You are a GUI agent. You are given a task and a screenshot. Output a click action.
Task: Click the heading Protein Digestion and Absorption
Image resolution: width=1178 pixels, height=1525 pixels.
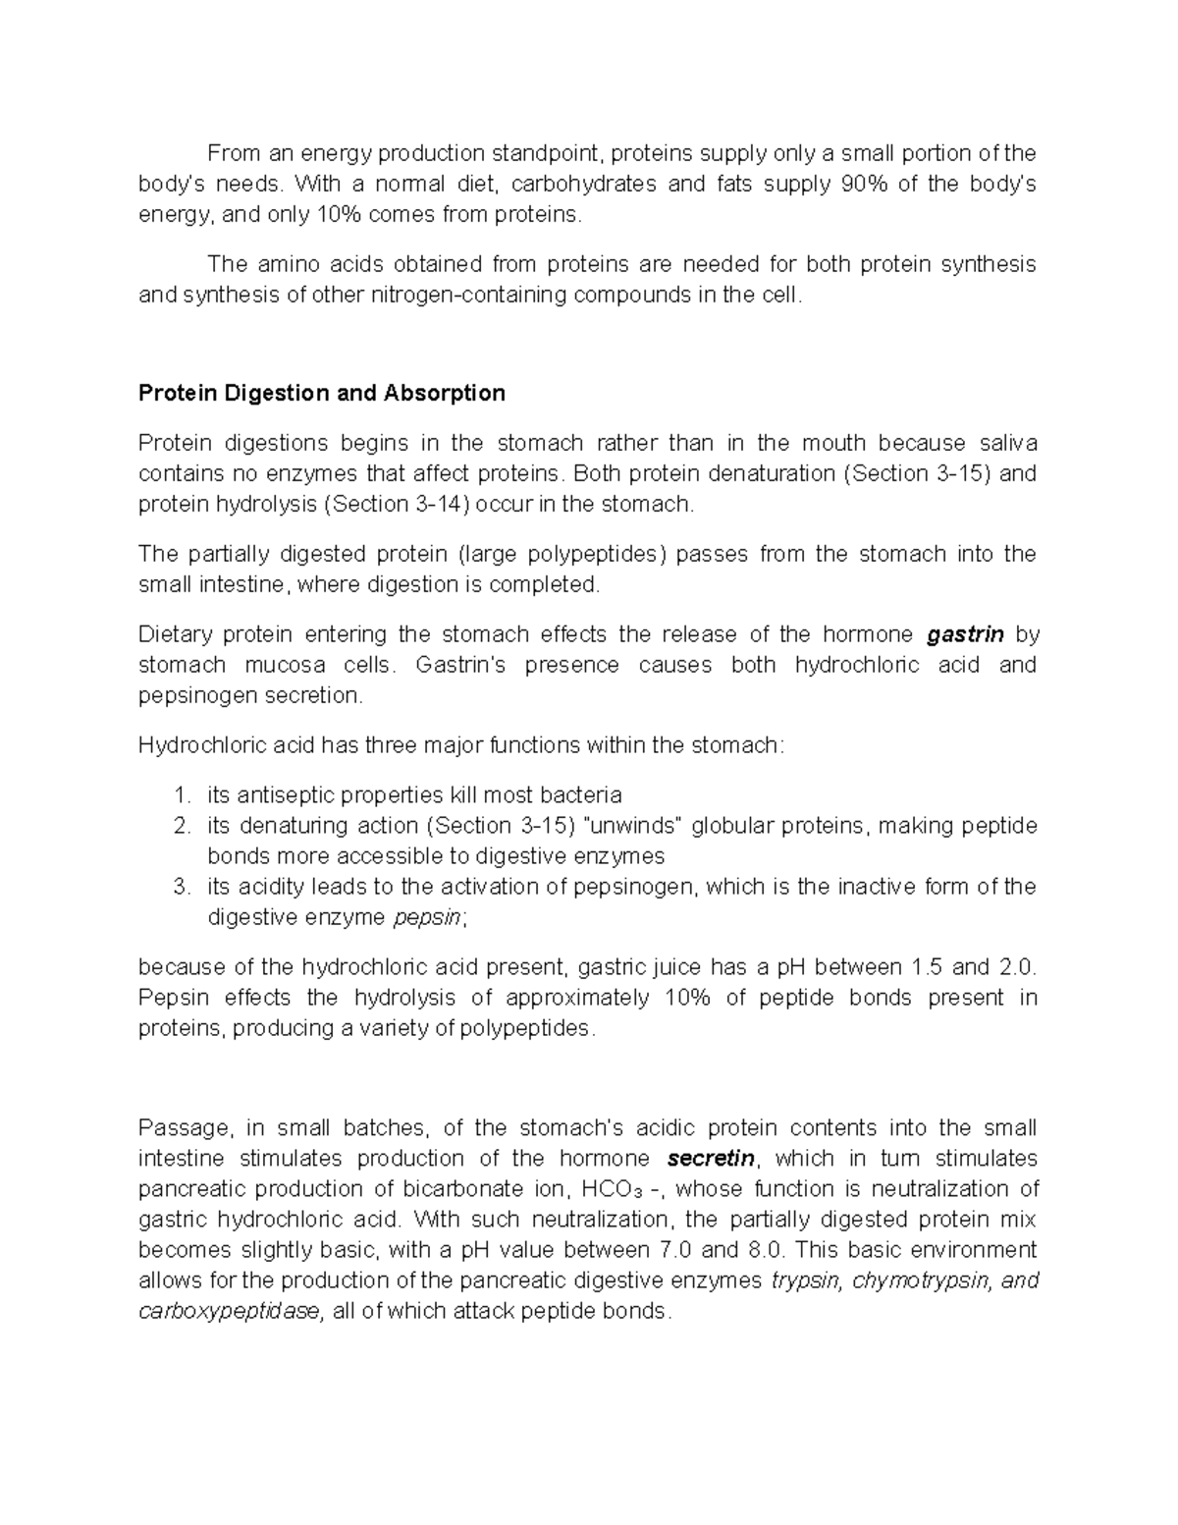pyautogui.click(x=321, y=394)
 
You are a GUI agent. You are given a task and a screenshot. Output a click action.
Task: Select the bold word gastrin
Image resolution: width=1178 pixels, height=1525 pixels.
pyautogui.click(x=965, y=634)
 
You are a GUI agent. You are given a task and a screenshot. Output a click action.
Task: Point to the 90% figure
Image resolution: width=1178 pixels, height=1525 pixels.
pyautogui.click(x=864, y=185)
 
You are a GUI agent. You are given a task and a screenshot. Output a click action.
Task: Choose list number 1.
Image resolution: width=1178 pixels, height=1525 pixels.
pyautogui.click(x=181, y=794)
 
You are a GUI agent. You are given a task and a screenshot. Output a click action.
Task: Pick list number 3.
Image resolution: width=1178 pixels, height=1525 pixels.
pyautogui.click(x=181, y=887)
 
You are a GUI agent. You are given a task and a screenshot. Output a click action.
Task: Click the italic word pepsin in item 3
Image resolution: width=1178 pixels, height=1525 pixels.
pyautogui.click(x=427, y=918)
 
